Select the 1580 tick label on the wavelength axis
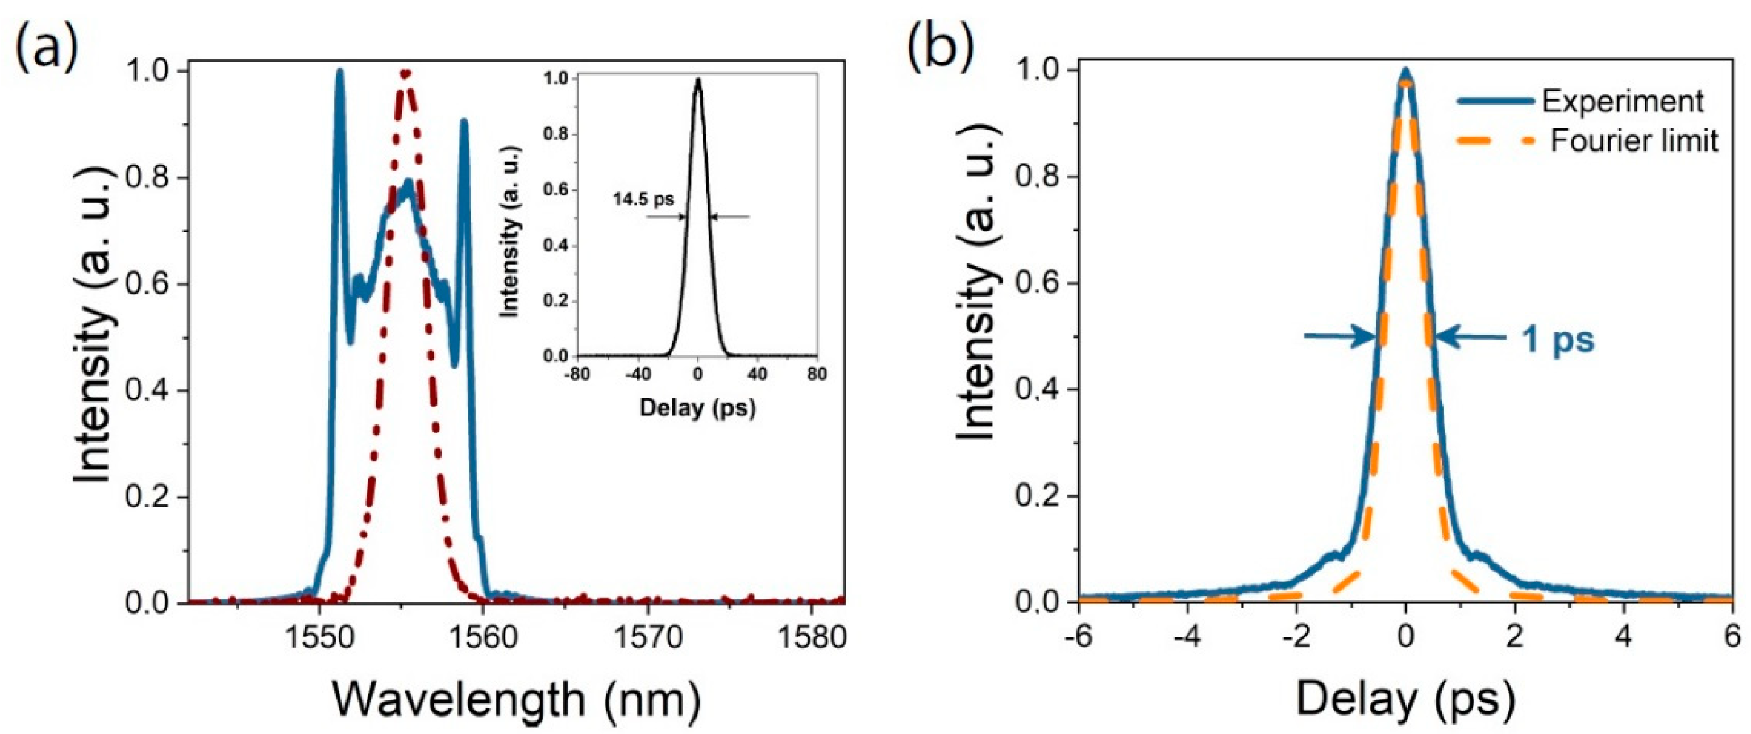tap(811, 638)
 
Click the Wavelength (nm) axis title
tap(517, 700)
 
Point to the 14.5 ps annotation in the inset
tap(643, 199)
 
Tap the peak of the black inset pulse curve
tap(697, 98)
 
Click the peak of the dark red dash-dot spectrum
tap(405, 73)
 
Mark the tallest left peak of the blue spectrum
tap(340, 72)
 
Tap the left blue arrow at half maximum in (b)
tap(1339, 336)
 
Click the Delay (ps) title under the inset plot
tap(697, 408)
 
